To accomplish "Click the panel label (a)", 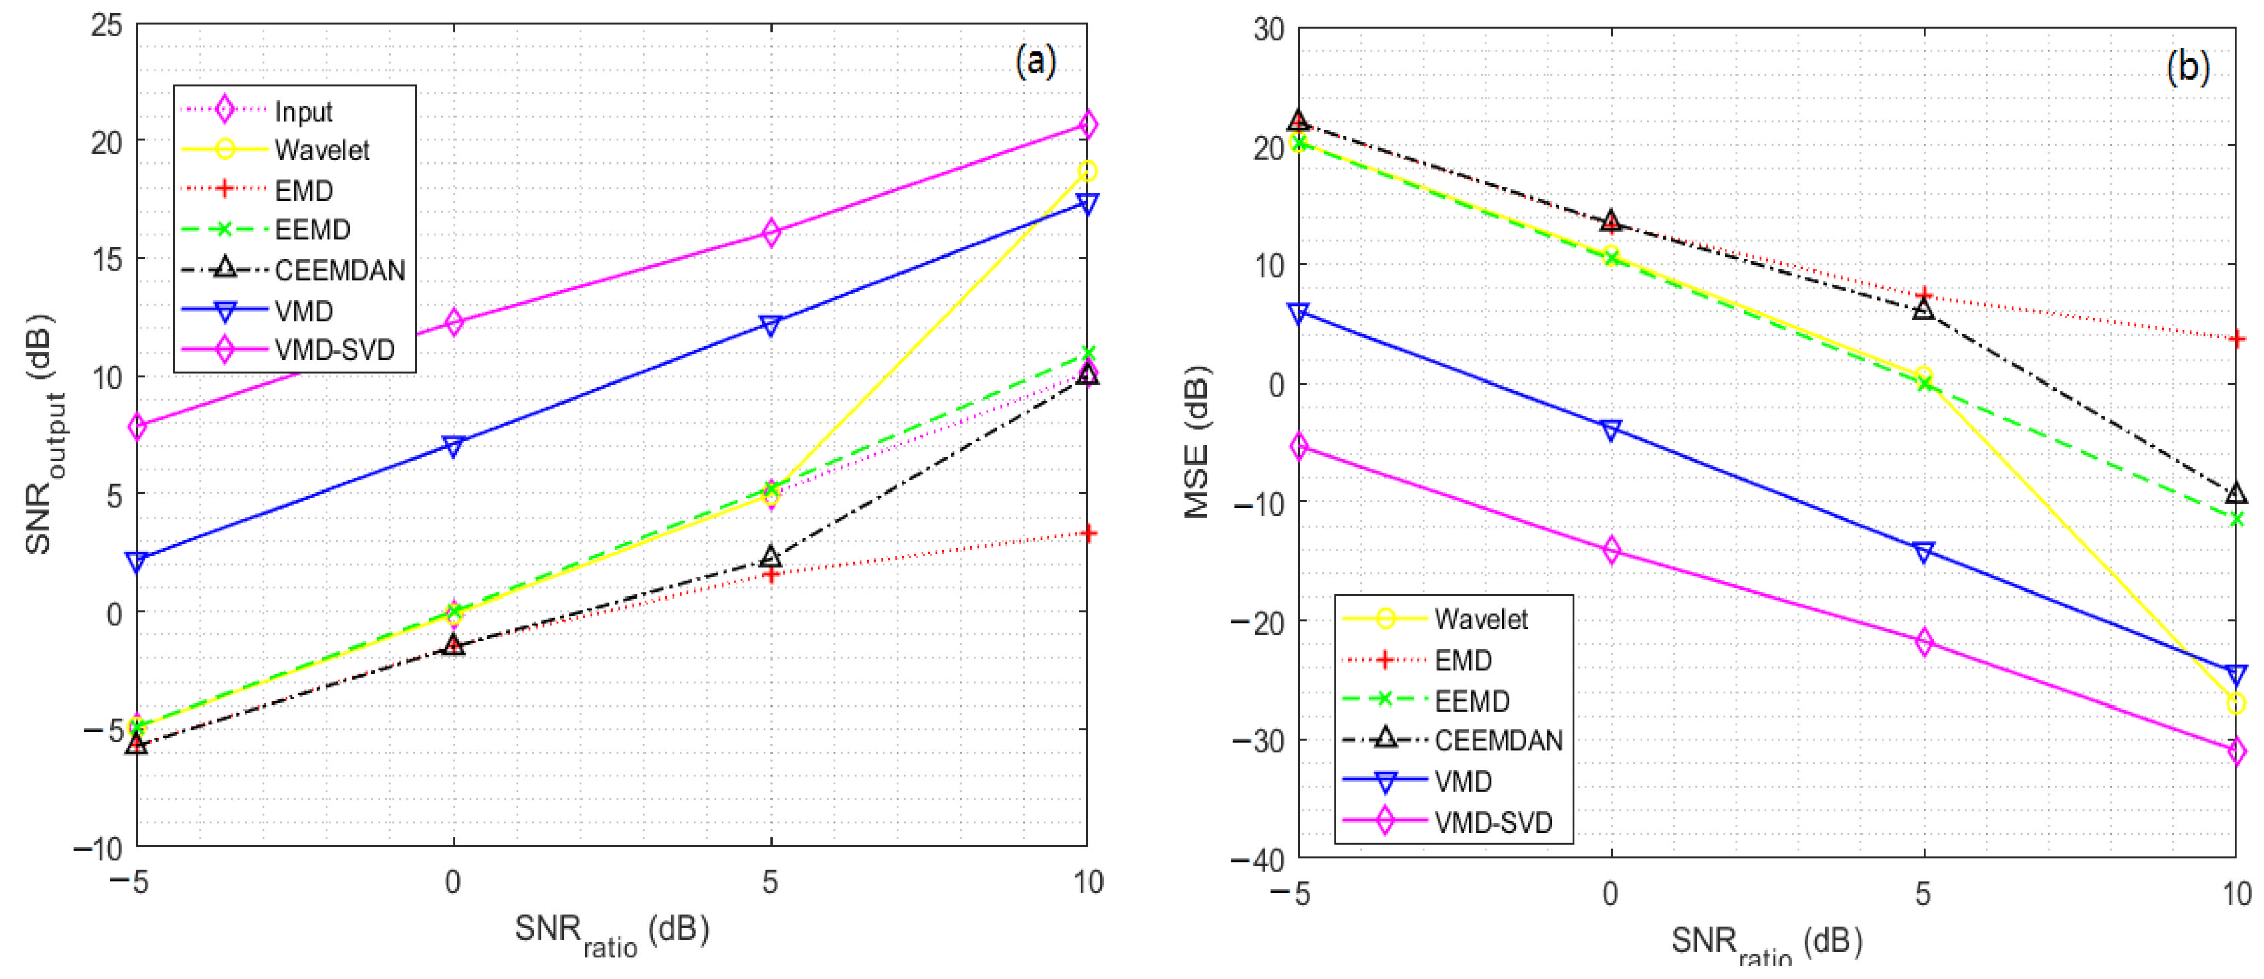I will click(x=1035, y=62).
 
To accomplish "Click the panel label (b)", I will click(x=2188, y=66).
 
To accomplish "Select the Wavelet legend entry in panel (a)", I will click(x=321, y=150).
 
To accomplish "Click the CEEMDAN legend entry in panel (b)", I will click(x=1498, y=740).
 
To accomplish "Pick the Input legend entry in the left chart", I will click(x=303, y=111).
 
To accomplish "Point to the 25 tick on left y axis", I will click(x=106, y=25).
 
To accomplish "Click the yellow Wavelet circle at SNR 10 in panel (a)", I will click(x=1087, y=171).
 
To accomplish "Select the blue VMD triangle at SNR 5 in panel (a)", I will click(x=770, y=325).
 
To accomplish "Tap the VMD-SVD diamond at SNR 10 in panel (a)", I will click(x=1087, y=125).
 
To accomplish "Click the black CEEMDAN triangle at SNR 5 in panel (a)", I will click(x=770, y=557).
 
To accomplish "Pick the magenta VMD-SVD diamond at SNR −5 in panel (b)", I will click(x=1299, y=447).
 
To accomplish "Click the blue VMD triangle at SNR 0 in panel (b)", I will click(x=1611, y=430).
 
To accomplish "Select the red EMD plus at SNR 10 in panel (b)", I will click(x=2236, y=338).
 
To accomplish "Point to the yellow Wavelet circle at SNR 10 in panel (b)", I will click(x=2236, y=703).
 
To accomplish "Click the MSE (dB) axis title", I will click(x=1197, y=442).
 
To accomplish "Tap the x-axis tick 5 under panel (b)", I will click(x=1923, y=895).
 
